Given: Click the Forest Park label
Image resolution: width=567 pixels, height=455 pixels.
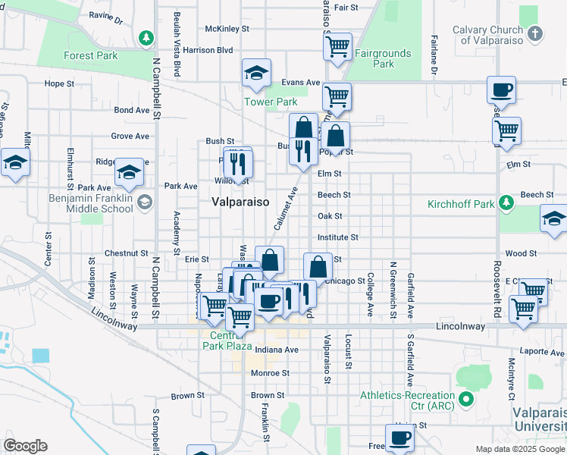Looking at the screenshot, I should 90,55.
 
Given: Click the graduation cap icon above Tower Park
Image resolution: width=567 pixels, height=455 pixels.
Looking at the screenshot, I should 256,73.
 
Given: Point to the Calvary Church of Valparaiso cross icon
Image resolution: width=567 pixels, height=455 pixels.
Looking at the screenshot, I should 535,34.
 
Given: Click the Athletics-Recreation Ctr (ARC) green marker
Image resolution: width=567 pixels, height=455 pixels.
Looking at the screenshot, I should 465,399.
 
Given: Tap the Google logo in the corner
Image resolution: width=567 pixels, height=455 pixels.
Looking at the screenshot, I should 24,446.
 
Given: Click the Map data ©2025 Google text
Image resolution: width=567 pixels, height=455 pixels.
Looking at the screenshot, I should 519,449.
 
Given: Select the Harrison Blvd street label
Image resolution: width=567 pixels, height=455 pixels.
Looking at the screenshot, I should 208,50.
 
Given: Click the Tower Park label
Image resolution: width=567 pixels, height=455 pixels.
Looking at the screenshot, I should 271,102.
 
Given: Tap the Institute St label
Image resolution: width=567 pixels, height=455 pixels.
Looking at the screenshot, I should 337,237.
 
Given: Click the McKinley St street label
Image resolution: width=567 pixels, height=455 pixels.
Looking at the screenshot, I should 227,29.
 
